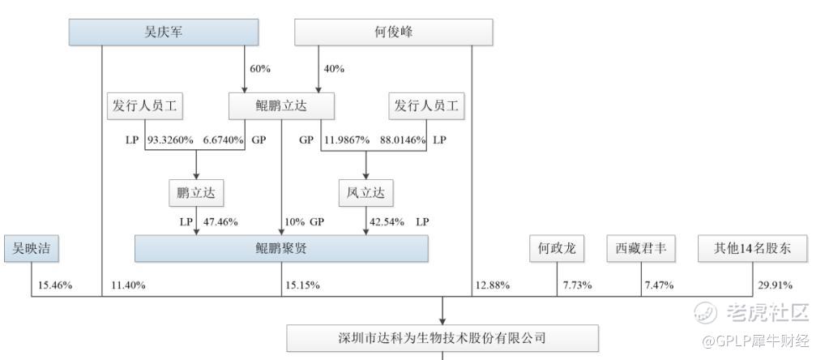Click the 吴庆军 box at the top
(x=164, y=32)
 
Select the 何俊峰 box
(x=394, y=32)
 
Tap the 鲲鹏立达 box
(x=281, y=106)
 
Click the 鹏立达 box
(x=196, y=193)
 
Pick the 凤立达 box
(x=365, y=193)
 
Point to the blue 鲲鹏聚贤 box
(x=281, y=248)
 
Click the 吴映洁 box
(x=32, y=248)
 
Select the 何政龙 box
(x=558, y=248)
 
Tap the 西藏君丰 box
(x=641, y=248)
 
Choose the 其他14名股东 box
(x=752, y=248)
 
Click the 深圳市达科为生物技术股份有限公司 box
(x=442, y=338)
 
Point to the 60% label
(x=260, y=69)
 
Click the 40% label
(x=334, y=69)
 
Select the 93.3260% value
(x=170, y=140)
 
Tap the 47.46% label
(x=220, y=222)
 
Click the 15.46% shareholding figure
(x=55, y=285)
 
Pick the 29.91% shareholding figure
(x=775, y=285)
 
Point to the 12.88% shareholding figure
(x=492, y=285)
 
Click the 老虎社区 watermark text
(x=767, y=313)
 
